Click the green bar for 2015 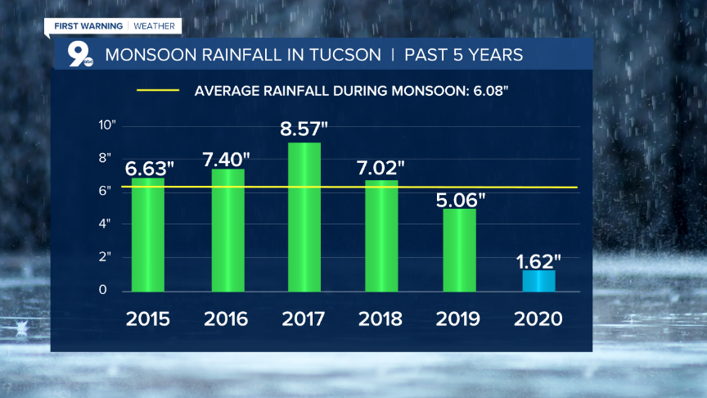[x=148, y=235]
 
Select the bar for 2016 [x=228, y=230]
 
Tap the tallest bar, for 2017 [x=304, y=217]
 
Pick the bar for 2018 [x=381, y=236]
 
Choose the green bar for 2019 [x=460, y=250]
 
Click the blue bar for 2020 [x=539, y=281]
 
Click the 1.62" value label [x=539, y=262]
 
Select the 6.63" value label [x=149, y=169]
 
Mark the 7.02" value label [x=381, y=169]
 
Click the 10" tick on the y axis [x=107, y=125]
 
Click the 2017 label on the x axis [x=304, y=319]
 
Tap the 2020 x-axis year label [x=539, y=319]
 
